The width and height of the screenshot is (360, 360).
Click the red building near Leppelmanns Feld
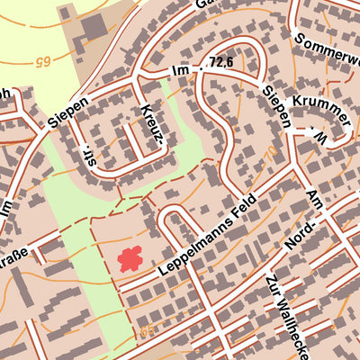[131, 258]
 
